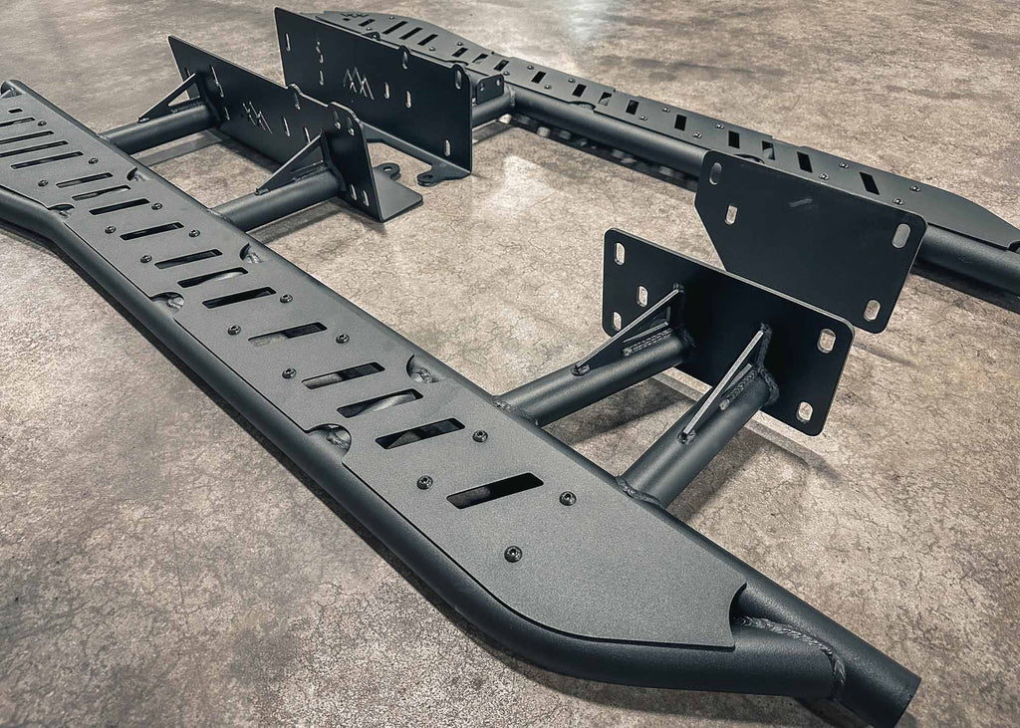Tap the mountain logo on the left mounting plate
click(x=257, y=116)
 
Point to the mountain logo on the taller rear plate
click(x=359, y=85)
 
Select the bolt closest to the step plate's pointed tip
click(x=513, y=553)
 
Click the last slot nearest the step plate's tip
click(x=495, y=490)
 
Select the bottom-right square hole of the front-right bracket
click(x=804, y=410)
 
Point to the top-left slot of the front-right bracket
click(x=619, y=253)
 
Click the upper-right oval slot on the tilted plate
click(x=900, y=236)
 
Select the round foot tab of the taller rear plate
click(x=430, y=178)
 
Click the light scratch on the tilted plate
click(x=802, y=204)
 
